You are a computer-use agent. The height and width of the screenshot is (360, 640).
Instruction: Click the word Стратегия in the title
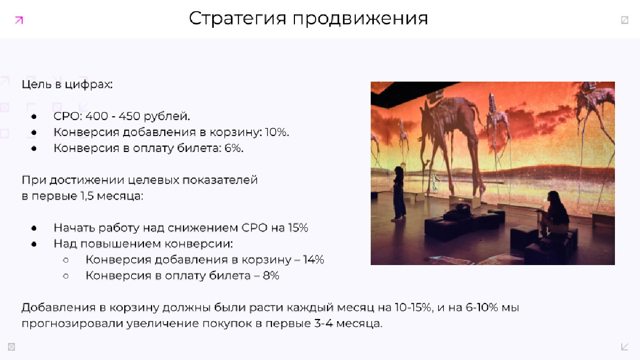coord(237,19)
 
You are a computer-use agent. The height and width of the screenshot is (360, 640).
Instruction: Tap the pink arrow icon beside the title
coord(19,20)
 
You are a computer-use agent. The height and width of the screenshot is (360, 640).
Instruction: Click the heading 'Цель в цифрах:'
coord(67,85)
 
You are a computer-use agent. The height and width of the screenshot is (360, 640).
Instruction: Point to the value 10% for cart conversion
coord(277,132)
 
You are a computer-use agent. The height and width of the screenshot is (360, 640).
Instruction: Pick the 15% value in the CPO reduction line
coord(298,228)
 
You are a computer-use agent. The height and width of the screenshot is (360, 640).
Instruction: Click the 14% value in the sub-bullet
coord(314,260)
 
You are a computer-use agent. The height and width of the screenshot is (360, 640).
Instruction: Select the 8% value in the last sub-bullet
coord(271,276)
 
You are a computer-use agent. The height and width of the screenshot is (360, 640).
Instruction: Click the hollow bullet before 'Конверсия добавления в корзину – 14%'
coord(66,260)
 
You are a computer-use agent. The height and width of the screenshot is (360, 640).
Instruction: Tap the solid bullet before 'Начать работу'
coord(34,228)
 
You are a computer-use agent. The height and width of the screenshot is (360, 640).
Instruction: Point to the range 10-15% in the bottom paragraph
coord(413,307)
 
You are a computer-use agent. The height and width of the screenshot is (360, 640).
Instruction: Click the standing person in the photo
coord(399,194)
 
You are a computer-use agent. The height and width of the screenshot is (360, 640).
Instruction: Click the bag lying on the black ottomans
coord(459,211)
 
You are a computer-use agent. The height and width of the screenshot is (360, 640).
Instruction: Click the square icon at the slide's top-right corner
coord(625,20)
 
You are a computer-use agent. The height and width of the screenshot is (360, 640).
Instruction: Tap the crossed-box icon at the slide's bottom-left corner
coord(11,347)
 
